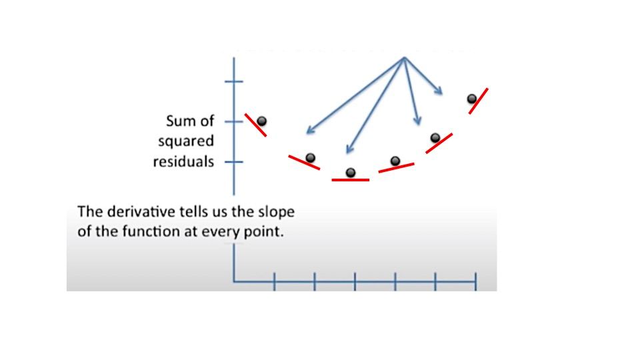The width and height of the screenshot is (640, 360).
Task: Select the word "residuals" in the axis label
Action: [x=183, y=161]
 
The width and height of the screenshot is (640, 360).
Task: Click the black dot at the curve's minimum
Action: [x=351, y=173]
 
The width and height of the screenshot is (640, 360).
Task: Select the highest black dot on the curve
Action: [x=472, y=99]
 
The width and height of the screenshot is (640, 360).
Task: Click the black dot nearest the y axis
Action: [x=262, y=121]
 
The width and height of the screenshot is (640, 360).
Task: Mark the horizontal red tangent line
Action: [x=350, y=180]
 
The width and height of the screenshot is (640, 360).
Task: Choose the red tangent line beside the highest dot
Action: [x=479, y=101]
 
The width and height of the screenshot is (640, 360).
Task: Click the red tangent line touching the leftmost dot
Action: [x=255, y=125]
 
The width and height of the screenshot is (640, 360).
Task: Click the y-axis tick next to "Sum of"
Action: [x=234, y=121]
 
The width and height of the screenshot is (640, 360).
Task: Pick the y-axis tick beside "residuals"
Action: [x=234, y=161]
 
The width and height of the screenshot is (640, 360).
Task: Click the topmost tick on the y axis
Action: [x=234, y=81]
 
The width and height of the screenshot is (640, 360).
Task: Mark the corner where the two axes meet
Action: [x=234, y=281]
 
